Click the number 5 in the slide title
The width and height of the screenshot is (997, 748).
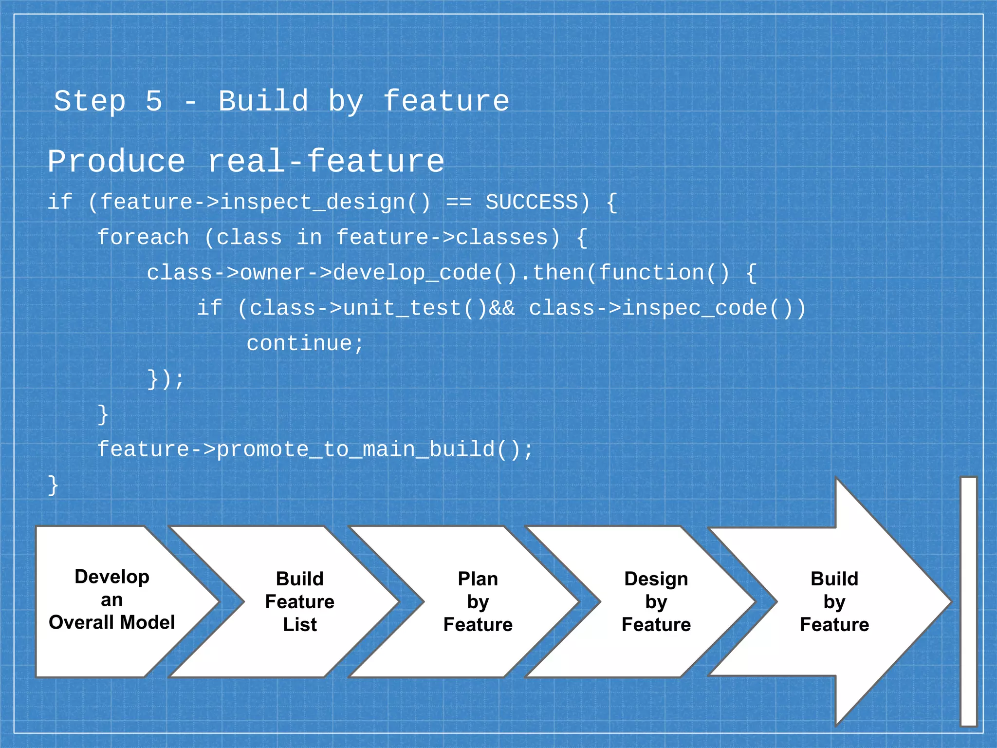154,101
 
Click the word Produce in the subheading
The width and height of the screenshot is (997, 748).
117,162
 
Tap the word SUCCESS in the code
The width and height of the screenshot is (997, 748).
532,202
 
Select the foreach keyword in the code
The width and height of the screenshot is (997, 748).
143,238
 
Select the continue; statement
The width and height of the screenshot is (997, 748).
305,344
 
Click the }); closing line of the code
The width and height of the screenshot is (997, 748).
166,379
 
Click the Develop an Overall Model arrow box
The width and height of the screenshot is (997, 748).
112,600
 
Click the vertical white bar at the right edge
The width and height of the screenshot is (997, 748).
968,601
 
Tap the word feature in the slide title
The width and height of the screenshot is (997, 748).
446,101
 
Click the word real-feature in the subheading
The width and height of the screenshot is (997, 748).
326,162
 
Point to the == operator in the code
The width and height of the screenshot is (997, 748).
459,202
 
